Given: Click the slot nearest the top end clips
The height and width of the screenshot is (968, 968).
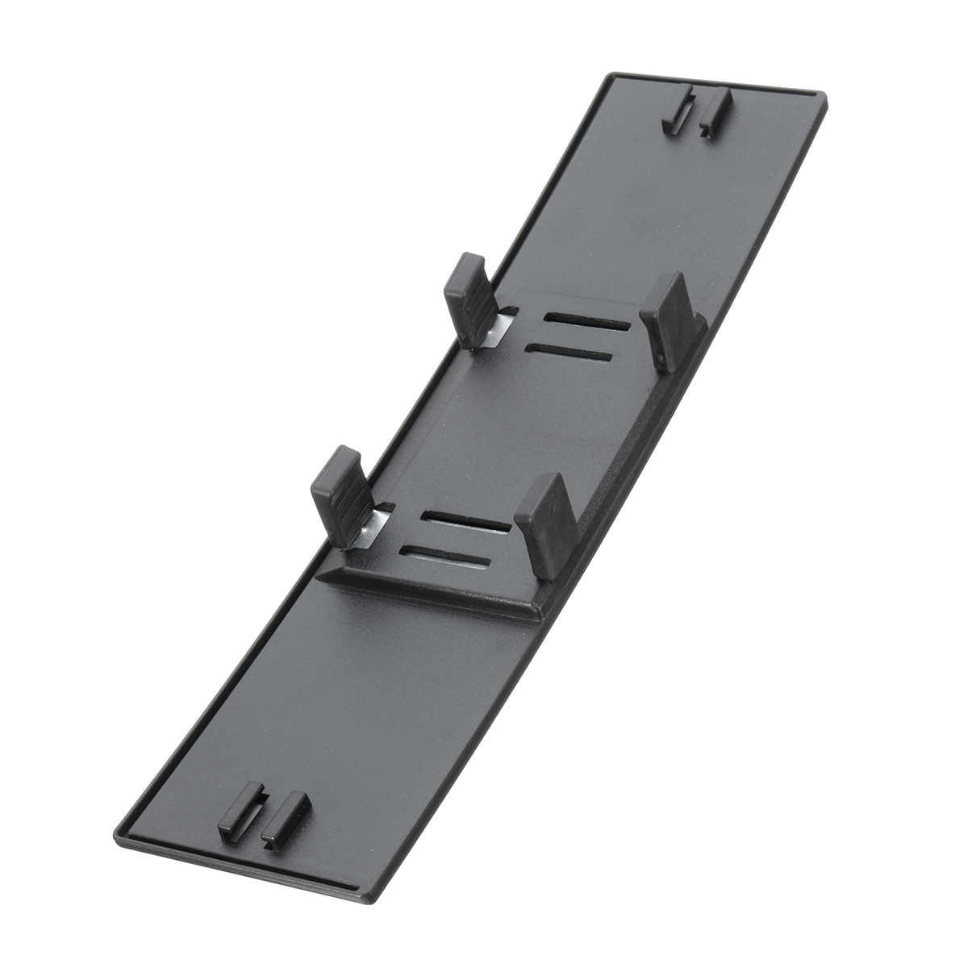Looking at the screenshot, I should [x=586, y=321].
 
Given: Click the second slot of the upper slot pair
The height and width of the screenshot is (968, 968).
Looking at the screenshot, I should [x=568, y=353].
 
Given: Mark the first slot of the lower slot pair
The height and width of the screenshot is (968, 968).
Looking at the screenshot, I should [x=465, y=521].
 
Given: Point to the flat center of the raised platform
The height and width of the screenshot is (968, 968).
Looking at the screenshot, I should [x=516, y=436].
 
